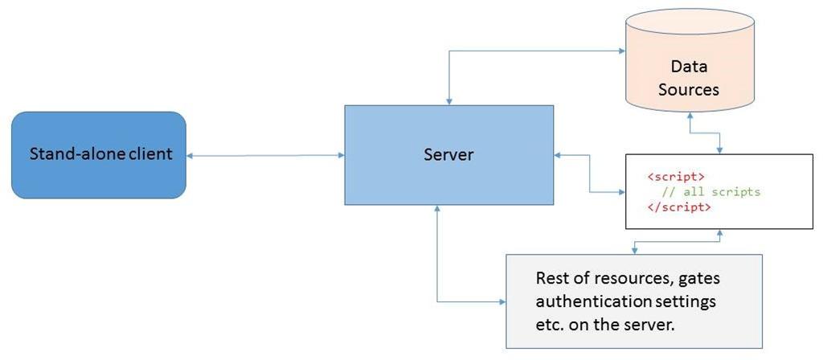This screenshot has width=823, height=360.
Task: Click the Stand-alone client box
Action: [x=99, y=154]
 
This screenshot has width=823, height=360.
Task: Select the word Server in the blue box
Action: [x=448, y=154]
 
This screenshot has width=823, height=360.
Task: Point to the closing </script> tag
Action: [x=679, y=207]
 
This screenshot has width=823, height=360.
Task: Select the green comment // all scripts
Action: [x=710, y=192]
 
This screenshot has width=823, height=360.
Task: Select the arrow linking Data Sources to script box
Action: [x=704, y=133]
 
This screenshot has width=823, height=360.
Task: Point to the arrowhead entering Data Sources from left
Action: [x=622, y=51]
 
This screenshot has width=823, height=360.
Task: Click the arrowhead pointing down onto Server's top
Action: [x=448, y=101]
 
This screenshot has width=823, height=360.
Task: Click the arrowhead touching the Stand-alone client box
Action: [x=190, y=155]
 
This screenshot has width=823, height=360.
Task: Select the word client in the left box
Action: [x=153, y=153]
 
